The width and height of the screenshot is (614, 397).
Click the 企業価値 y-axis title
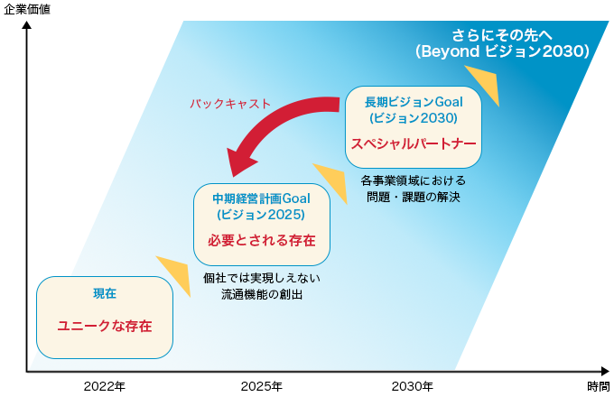27,9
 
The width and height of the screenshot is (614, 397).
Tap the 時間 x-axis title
599,386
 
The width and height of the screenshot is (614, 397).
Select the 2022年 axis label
105,386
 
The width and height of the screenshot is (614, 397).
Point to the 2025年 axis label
262,386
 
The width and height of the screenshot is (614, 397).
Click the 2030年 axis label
413,386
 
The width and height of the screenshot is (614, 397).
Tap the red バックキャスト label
230,104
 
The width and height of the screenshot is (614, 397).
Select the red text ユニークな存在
105,326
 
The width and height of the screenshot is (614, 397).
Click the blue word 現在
105,293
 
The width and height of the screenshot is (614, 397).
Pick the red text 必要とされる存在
262,240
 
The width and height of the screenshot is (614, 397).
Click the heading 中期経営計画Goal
262,198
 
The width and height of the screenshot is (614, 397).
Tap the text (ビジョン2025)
261,215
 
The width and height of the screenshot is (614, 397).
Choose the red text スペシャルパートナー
414,143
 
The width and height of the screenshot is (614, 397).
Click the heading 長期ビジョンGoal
414,102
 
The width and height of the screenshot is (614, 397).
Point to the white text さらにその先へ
502,35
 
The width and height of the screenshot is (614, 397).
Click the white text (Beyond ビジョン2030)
502,51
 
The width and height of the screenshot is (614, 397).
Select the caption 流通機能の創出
262,294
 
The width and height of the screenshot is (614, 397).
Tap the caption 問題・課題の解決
414,197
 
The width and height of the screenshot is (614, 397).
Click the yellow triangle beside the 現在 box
177,273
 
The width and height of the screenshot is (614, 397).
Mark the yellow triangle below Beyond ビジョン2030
486,82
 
